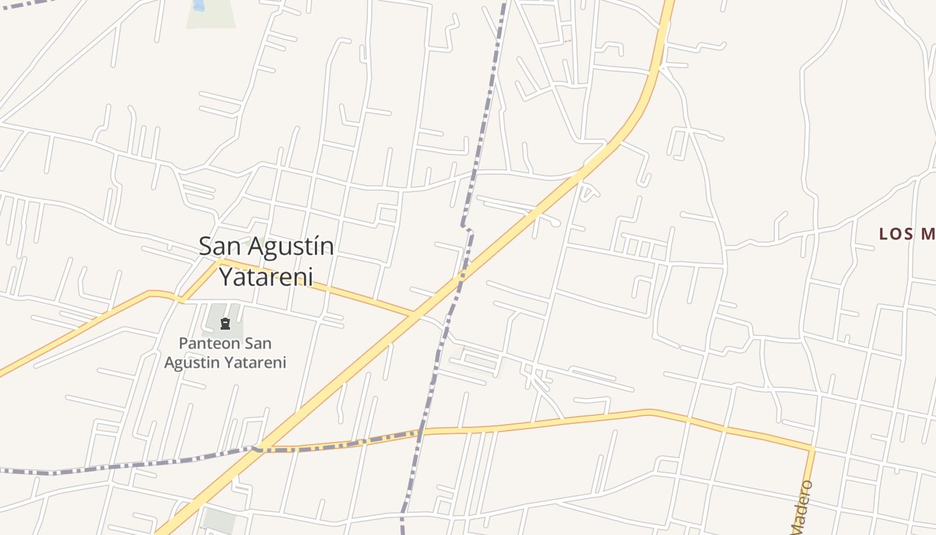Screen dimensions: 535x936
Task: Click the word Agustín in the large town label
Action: [x=292, y=247]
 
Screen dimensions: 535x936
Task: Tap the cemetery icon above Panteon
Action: [x=225, y=324]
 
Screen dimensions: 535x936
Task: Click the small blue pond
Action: [x=199, y=5]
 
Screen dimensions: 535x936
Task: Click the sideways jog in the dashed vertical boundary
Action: [x=467, y=229]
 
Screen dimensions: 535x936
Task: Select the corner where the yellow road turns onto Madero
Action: [x=812, y=449]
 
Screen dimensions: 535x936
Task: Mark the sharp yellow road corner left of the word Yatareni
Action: [x=219, y=261]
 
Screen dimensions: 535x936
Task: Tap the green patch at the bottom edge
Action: [x=219, y=520]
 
